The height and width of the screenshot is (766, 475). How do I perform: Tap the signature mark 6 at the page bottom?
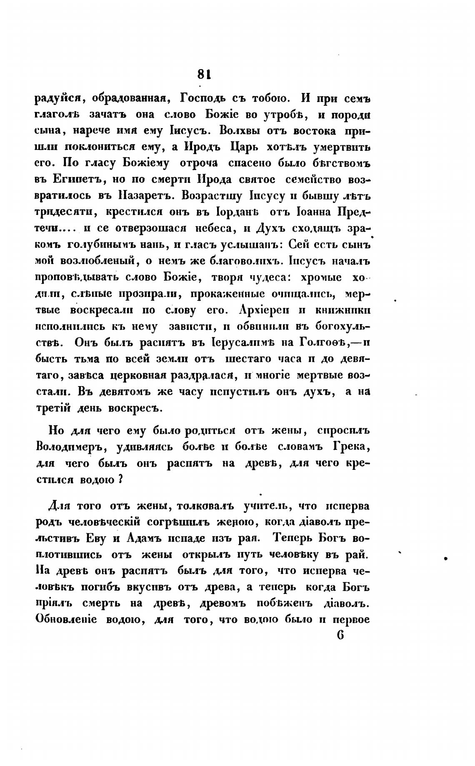coord(340,636)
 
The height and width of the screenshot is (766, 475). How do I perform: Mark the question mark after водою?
coord(120,479)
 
